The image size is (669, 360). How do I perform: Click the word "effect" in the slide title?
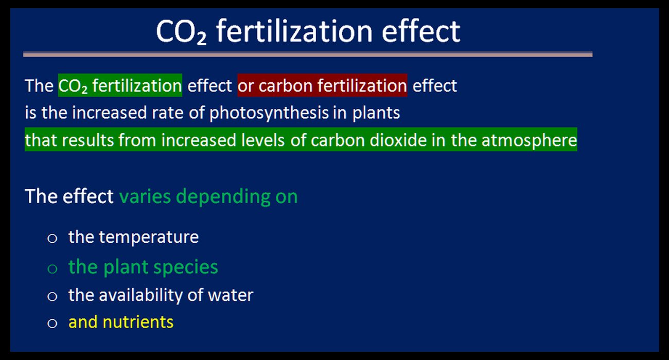coord(421,31)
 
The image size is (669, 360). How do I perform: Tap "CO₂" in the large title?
coord(181,32)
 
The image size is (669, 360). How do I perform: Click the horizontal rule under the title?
coord(308,55)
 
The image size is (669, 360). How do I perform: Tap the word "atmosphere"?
coord(529,140)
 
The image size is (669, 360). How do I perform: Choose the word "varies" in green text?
coord(145,197)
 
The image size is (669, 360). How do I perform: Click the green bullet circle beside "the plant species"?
coord(52,268)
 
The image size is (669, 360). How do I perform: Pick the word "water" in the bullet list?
coord(230,296)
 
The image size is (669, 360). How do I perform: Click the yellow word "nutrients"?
coord(138,322)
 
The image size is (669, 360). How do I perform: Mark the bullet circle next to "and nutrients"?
coord(52,323)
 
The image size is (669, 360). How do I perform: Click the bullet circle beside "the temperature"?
coord(52,239)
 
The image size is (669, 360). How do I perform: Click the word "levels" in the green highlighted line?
coord(263,140)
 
